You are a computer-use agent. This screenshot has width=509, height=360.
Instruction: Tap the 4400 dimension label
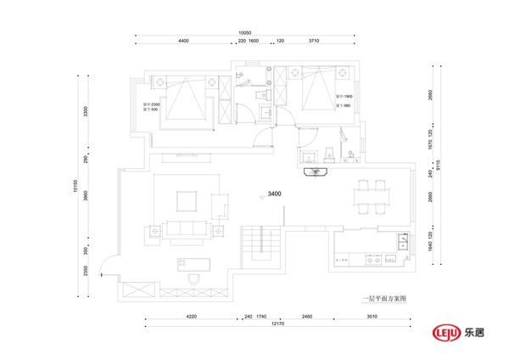183,42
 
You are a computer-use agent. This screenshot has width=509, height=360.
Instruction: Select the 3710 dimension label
314,42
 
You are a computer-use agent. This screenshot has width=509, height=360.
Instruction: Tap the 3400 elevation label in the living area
274,194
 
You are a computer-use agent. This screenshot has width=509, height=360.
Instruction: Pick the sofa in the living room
185,229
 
